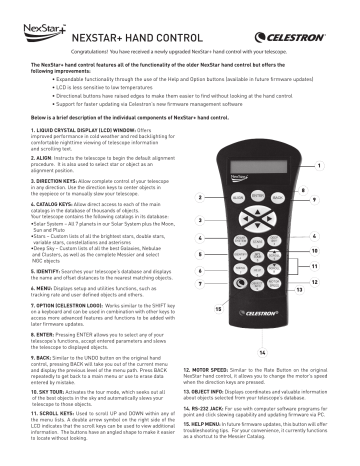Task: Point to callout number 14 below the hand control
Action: [x=262, y=353]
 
